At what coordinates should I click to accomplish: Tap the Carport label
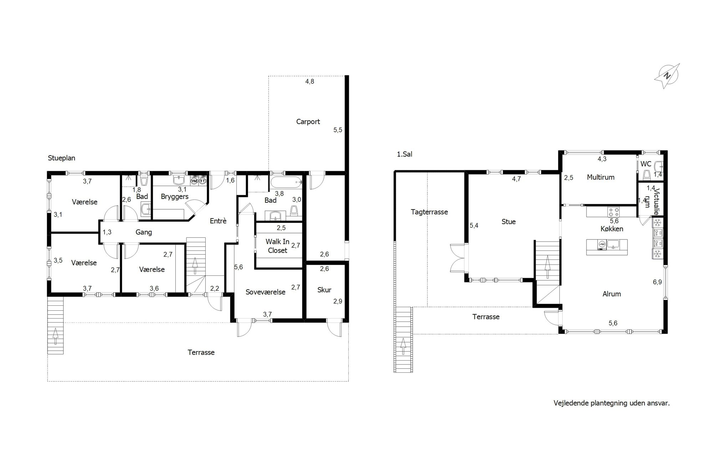point(308,122)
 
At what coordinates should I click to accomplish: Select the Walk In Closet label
point(277,246)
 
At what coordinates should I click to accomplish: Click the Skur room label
point(324,290)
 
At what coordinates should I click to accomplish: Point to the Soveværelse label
point(266,292)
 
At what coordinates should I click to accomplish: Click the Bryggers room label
point(175,197)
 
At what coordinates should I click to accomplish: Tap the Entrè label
point(218,221)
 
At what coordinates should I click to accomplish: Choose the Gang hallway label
point(144,232)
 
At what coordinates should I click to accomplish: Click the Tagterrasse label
point(429,212)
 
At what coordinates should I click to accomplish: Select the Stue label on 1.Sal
point(508,222)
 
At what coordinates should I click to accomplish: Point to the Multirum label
point(601,177)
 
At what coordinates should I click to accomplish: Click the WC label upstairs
point(646,164)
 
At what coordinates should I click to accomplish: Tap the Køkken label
point(612,229)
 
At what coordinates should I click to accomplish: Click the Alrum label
point(612,294)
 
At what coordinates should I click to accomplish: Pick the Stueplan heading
point(62,158)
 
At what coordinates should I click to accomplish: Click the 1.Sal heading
point(405,154)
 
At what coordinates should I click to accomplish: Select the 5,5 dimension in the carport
point(338,130)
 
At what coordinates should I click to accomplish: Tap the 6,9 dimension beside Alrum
point(657,282)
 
